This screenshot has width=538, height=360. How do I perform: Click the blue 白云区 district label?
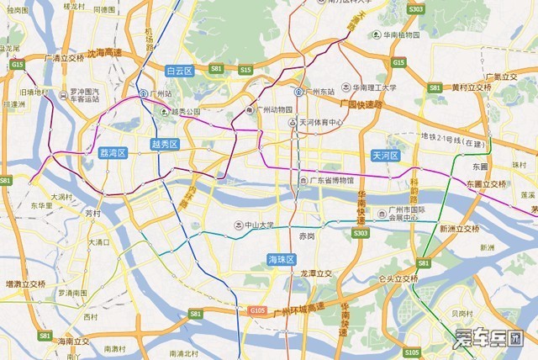pos(180,71)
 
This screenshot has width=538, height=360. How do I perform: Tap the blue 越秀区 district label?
pos(165,145)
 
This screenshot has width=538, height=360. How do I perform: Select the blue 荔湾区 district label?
pos(112,153)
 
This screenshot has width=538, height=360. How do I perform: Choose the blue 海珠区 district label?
pos(281,258)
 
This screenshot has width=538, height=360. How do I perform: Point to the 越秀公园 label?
pos(187,111)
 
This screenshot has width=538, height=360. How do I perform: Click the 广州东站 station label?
pos(319,91)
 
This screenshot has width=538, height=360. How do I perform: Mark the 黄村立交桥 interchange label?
pos(471,87)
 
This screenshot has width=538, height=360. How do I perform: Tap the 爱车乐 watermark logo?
pos(488,339)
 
